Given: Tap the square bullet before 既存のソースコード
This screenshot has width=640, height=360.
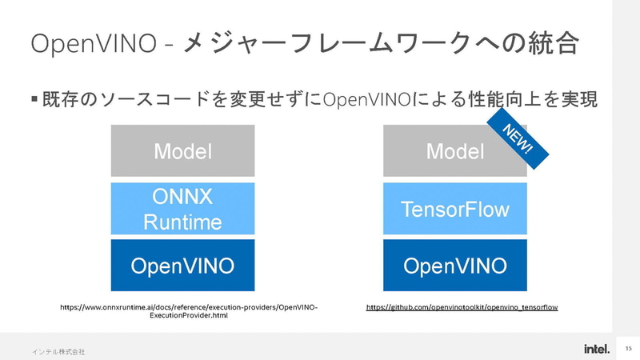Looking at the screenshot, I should [34, 100].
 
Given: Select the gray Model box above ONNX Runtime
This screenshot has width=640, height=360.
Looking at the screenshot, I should [182, 150].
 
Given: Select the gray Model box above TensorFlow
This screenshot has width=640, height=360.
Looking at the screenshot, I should [454, 150].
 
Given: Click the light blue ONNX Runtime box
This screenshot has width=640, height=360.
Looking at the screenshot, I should [182, 208].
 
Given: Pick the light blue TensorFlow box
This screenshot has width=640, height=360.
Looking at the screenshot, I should [454, 210].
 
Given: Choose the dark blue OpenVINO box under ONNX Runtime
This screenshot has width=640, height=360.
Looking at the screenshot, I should [182, 266].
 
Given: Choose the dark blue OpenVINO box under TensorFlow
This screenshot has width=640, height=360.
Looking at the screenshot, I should [454, 266].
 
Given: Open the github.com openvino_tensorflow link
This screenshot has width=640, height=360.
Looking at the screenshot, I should [462, 306].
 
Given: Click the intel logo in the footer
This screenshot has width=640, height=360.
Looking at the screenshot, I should [596, 349].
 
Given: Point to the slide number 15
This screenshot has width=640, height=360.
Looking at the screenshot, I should [628, 349].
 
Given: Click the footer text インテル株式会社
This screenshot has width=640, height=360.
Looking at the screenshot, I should [58, 351].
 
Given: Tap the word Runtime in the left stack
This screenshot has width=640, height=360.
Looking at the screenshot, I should [182, 221].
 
